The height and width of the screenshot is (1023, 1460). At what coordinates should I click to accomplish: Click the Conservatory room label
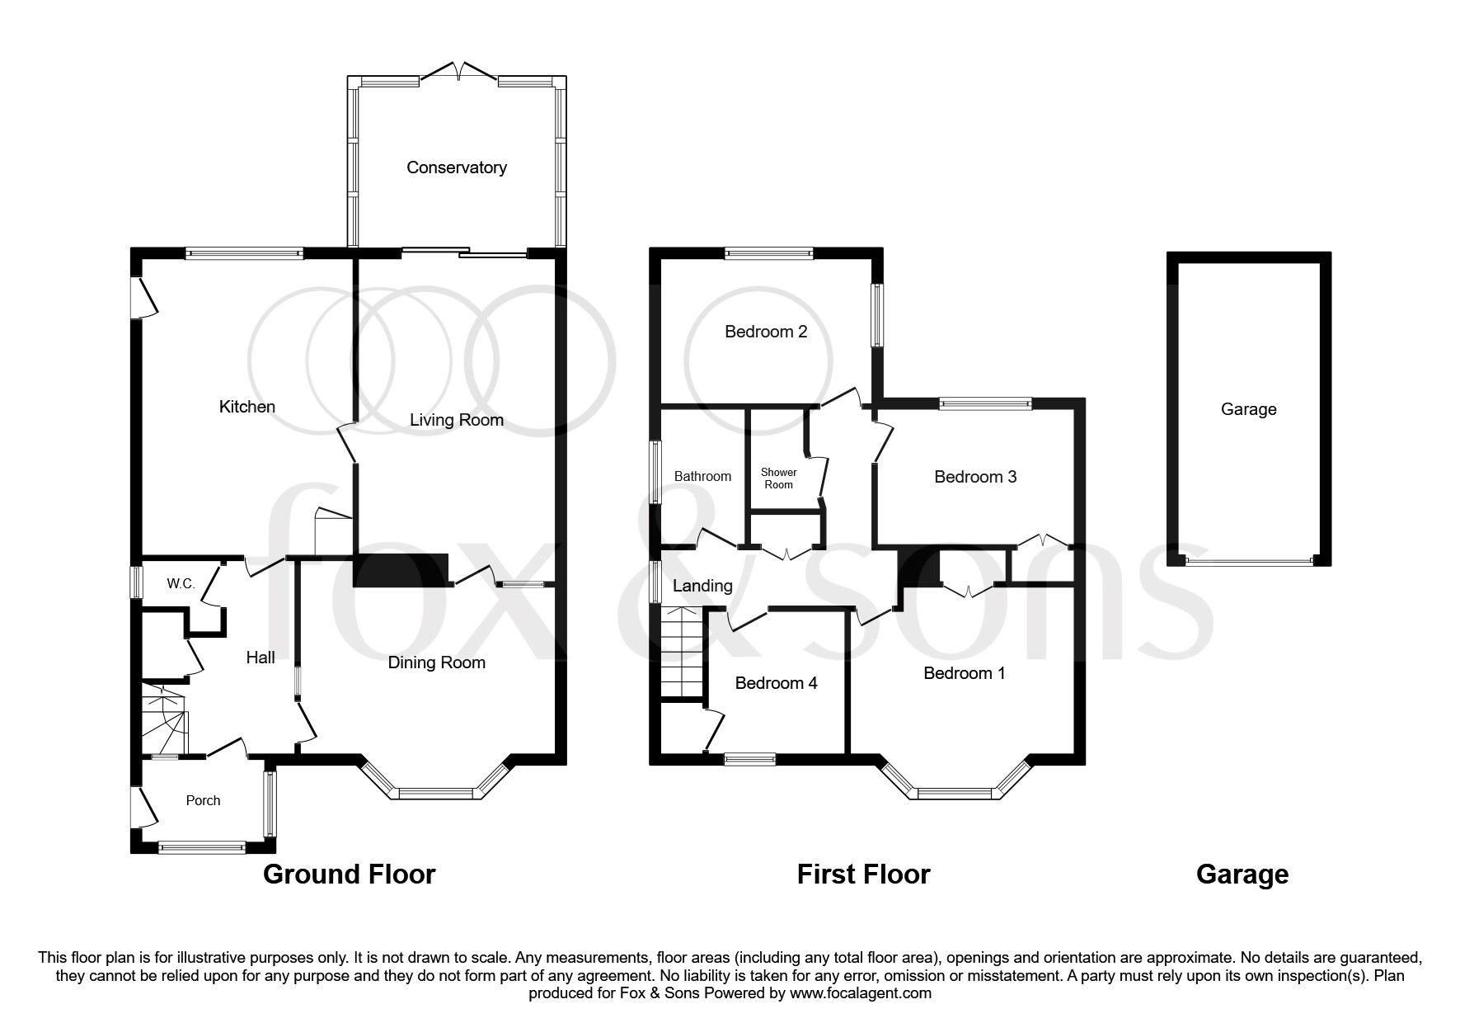(x=456, y=167)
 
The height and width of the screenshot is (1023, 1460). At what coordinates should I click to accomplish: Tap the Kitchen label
(x=246, y=407)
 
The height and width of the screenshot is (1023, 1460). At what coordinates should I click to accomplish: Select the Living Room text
(x=456, y=420)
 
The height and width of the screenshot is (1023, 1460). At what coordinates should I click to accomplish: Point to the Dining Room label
(x=436, y=662)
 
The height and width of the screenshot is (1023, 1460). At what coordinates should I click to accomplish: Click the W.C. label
(x=181, y=584)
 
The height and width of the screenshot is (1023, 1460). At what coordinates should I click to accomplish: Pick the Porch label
(x=203, y=800)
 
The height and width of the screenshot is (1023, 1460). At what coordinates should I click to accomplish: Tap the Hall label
(x=261, y=657)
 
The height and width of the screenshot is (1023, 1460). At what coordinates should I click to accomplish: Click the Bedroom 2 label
(x=766, y=332)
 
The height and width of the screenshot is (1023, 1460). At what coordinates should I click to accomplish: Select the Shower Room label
(x=778, y=478)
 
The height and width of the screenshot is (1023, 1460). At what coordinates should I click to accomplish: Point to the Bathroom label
(x=702, y=476)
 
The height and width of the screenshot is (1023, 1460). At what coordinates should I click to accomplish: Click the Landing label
(x=702, y=586)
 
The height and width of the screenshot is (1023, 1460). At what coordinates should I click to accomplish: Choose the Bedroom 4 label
(x=776, y=683)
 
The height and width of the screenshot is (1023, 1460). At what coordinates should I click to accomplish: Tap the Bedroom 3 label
(x=975, y=477)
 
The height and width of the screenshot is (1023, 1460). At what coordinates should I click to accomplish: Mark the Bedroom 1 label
(x=964, y=673)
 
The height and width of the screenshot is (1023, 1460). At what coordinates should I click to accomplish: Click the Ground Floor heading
(x=349, y=874)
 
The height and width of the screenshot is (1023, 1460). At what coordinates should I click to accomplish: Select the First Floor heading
(x=863, y=874)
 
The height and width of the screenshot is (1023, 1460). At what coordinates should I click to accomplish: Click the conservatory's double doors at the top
(x=458, y=73)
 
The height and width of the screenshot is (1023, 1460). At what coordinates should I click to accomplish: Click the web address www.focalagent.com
(x=861, y=993)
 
